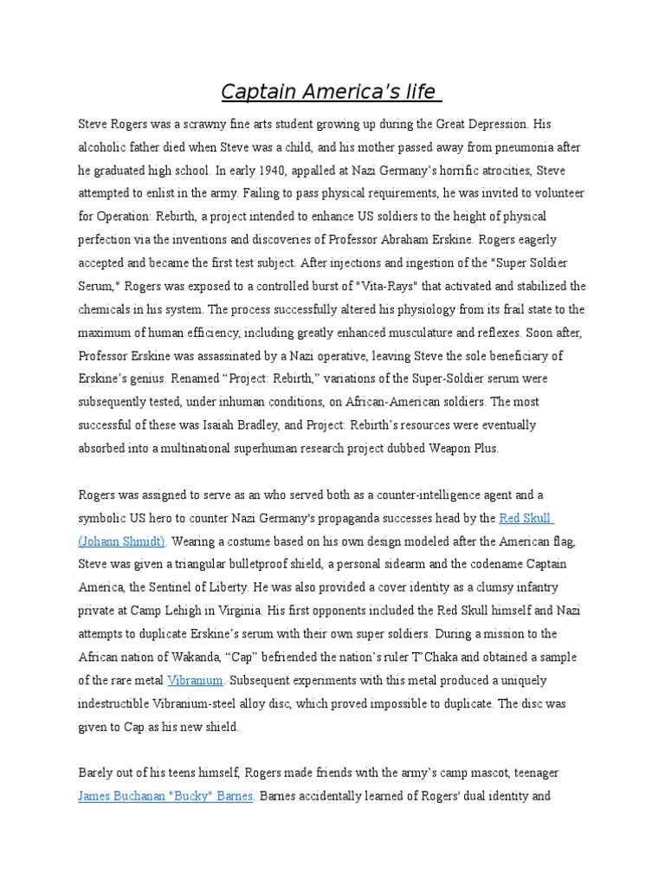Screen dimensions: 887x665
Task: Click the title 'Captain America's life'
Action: (x=332, y=91)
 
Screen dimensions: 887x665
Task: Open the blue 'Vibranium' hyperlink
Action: (x=196, y=681)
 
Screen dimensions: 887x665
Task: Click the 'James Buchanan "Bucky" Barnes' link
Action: (x=165, y=797)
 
